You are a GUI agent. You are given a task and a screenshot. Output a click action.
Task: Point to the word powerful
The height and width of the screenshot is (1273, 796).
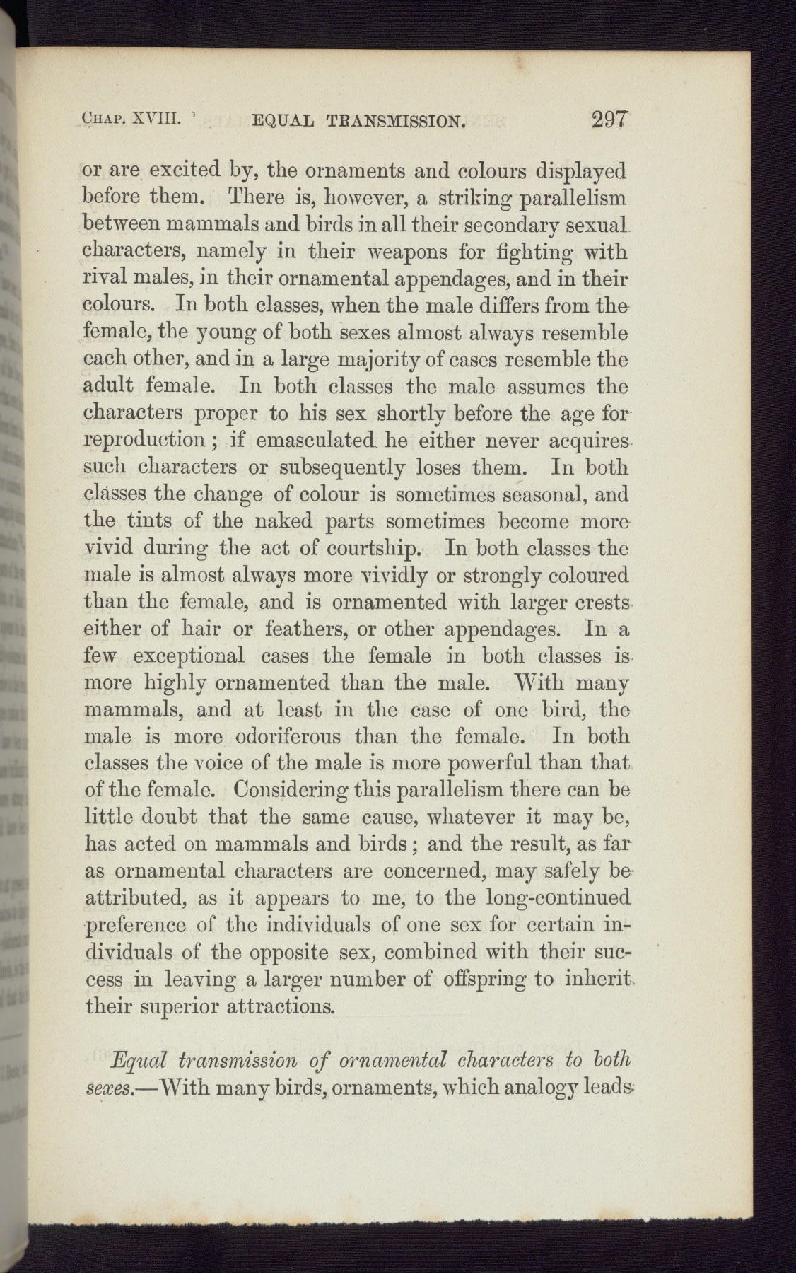point(479,763)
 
